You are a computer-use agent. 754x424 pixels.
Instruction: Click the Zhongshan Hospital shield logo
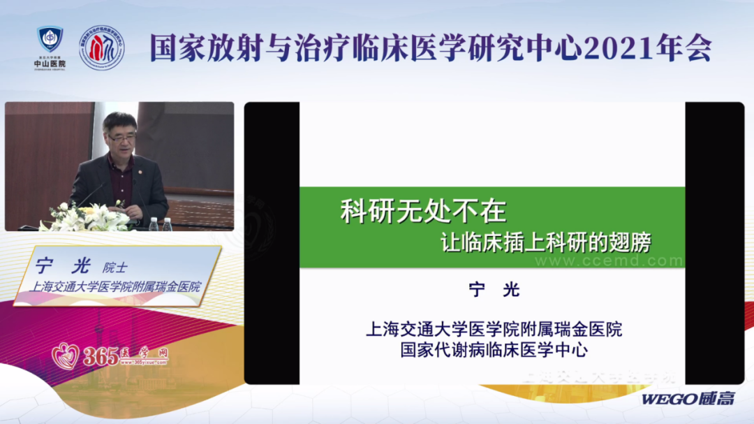pos(50,39)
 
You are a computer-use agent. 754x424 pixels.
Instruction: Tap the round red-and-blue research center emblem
pos(102,48)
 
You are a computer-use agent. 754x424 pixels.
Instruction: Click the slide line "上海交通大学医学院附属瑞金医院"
pos(494,328)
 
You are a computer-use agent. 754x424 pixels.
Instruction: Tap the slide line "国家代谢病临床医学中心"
pos(494,349)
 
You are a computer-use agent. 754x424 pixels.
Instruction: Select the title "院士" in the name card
pos(115,267)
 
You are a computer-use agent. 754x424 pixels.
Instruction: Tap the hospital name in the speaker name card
pos(112,286)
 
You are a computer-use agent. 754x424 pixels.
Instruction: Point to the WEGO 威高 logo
pos(688,399)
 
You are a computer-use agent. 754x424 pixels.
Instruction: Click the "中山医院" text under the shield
pos(50,64)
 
